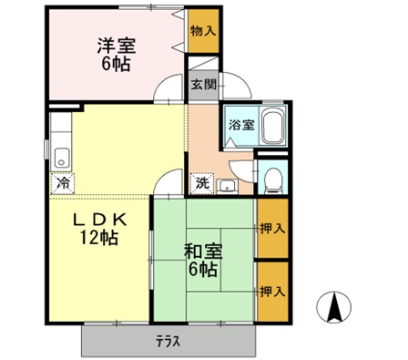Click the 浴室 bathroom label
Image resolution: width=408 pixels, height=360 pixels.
(240, 124)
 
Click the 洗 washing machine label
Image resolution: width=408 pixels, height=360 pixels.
(200, 182)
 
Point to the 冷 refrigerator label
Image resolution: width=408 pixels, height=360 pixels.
(62, 182)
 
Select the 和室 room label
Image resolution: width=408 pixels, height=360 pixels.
(202, 250)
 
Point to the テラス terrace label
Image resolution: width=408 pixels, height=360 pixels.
(166, 342)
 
